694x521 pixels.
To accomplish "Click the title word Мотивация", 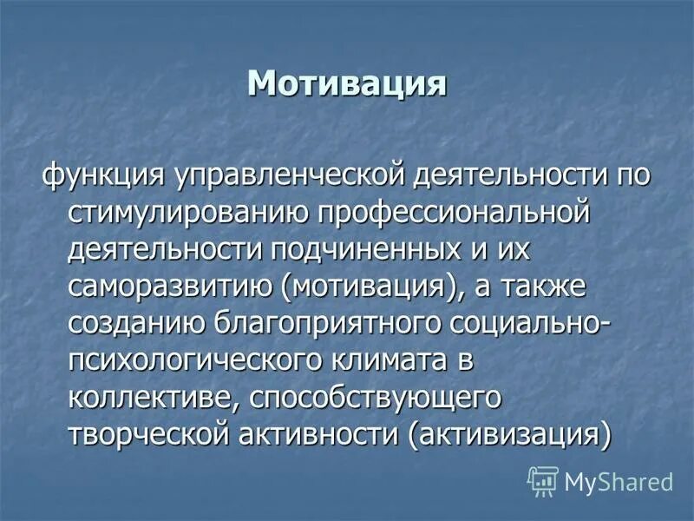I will coord(347,83).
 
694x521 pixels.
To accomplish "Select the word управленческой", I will coord(270,174).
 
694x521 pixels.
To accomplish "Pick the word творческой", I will coord(150,436).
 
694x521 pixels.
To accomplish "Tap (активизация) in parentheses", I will coord(509,436).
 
